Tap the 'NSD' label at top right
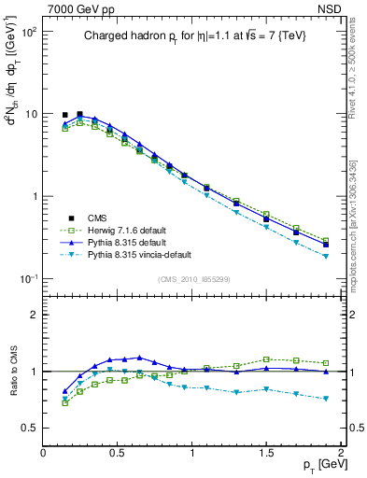pos(330,8)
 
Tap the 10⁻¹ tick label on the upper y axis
pos(28,279)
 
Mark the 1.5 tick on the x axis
pos(267,452)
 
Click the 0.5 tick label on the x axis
pos(118,452)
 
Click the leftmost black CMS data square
pos(65,115)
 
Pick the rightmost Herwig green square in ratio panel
pos(326,363)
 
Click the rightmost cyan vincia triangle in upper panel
pos(326,256)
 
